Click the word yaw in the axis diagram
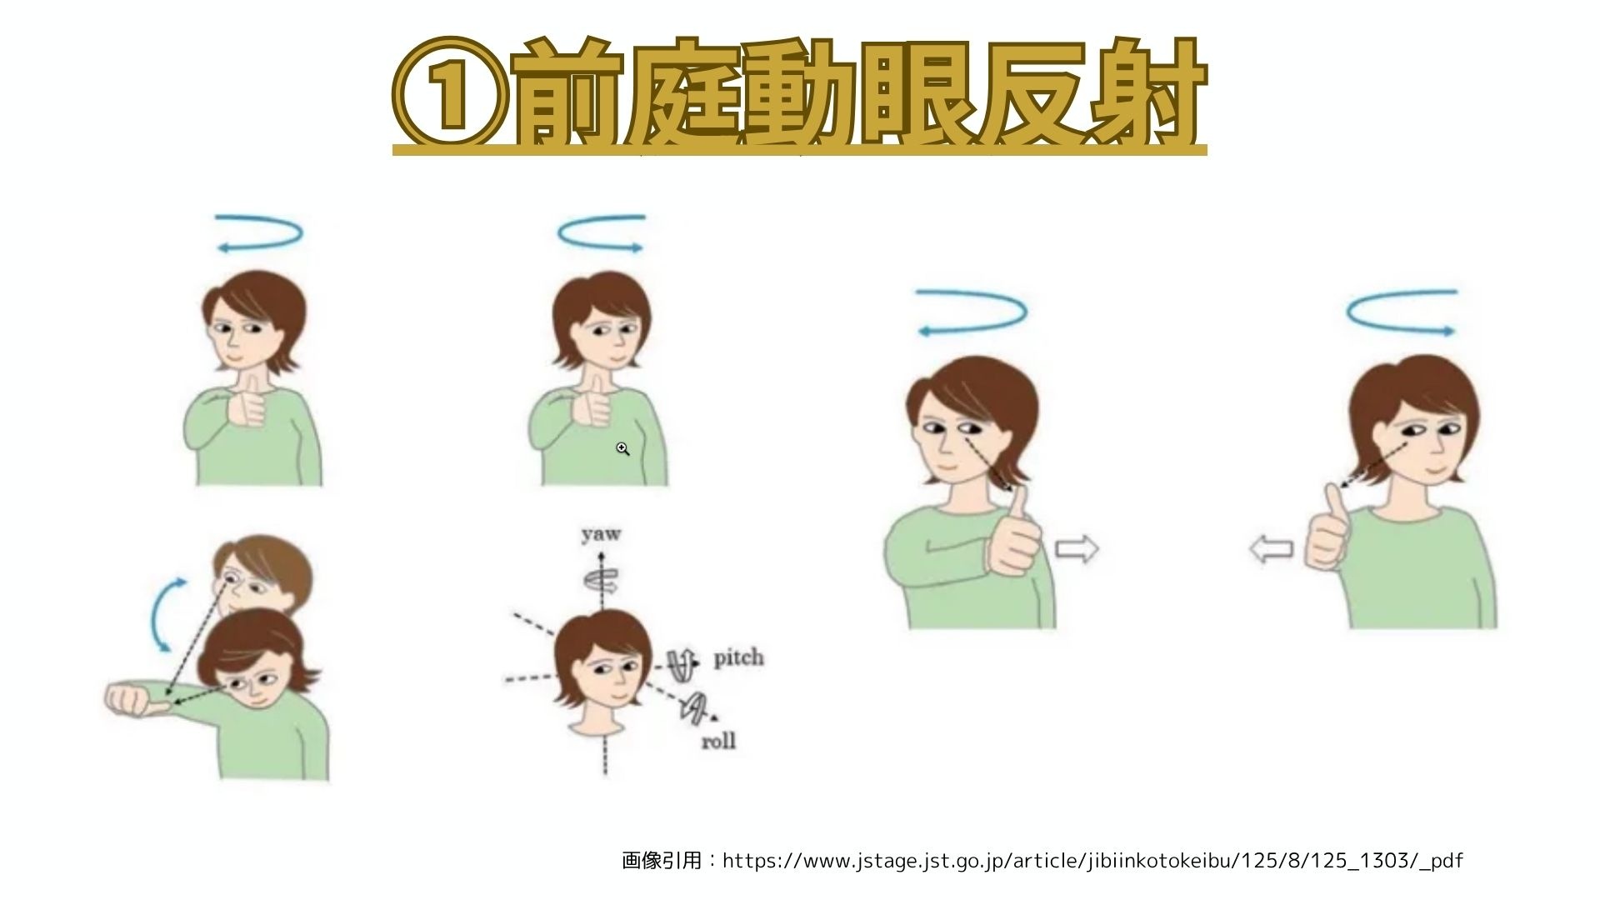(x=601, y=534)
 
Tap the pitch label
(x=738, y=657)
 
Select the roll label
(x=718, y=740)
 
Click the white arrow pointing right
(x=1077, y=549)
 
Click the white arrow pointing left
(x=1272, y=549)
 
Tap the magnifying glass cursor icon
(x=622, y=449)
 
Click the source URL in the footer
(x=1092, y=861)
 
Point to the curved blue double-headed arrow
(x=156, y=615)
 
